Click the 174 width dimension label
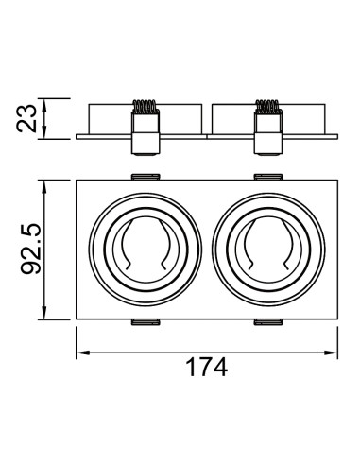coord(207,368)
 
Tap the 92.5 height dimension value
coord(31,249)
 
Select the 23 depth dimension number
coord(26,118)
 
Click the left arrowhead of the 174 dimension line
coord(83,353)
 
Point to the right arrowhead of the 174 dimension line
coord(331,353)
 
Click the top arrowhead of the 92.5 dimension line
coord(44,187)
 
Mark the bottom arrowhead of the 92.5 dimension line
coord(44,312)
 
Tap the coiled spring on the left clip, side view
coord(145,107)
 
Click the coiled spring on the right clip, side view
coord(267,107)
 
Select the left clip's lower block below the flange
coord(145,144)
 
